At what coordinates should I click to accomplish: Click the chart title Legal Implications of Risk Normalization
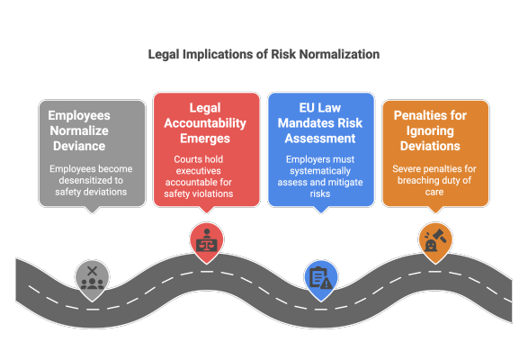pyautogui.click(x=264, y=54)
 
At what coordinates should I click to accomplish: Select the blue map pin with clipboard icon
pyautogui.click(x=318, y=274)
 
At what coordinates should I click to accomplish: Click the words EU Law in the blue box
pyautogui.click(x=321, y=107)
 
